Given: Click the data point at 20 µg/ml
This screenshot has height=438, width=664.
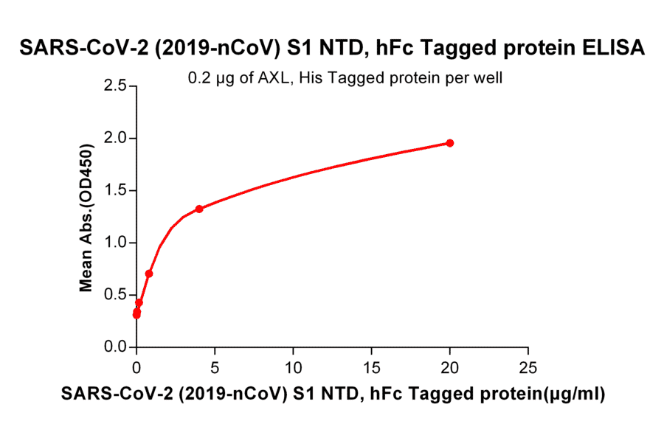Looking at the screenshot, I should pyautogui.click(x=450, y=143).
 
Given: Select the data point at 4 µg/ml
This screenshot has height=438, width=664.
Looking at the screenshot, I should pyautogui.click(x=199, y=209).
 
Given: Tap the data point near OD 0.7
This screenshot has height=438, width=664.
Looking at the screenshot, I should pyautogui.click(x=149, y=274).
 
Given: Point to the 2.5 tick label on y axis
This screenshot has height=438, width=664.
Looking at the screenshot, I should pyautogui.click(x=114, y=86).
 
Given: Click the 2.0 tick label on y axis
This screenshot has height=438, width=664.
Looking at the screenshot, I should pyautogui.click(x=114, y=139).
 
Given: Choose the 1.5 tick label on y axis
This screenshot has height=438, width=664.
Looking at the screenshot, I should pyautogui.click(x=114, y=191).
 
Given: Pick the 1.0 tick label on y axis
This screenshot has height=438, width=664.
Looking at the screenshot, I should pyautogui.click(x=114, y=243).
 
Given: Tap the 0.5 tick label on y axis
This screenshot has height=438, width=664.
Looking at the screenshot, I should pyautogui.click(x=114, y=295).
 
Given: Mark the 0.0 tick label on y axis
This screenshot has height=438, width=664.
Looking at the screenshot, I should pyautogui.click(x=114, y=347).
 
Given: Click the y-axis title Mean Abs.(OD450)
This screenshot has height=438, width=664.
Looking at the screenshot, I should pyautogui.click(x=87, y=217).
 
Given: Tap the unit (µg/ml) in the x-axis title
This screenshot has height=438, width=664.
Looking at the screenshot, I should pyautogui.click(x=573, y=394).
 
